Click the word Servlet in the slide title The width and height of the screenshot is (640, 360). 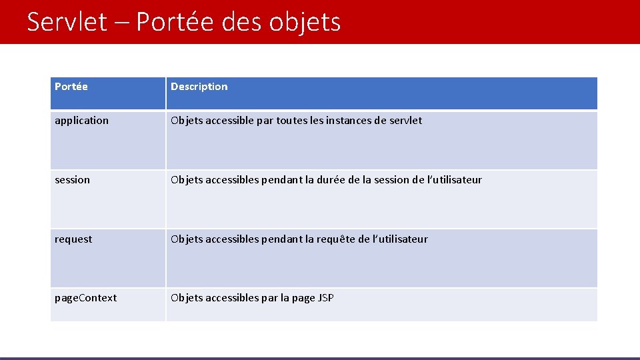click(x=67, y=22)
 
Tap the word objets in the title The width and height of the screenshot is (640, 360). click(x=305, y=22)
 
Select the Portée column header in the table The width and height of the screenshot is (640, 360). click(x=71, y=87)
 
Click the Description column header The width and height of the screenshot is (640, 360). click(x=199, y=87)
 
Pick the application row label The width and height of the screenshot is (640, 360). click(x=81, y=121)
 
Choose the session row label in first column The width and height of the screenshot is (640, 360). click(x=72, y=180)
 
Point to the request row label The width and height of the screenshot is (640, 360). click(x=73, y=239)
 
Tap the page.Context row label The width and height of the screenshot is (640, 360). click(x=85, y=298)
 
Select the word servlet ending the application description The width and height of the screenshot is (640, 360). click(x=406, y=121)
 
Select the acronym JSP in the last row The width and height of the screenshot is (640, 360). click(x=326, y=298)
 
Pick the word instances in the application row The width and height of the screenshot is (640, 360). click(x=351, y=121)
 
